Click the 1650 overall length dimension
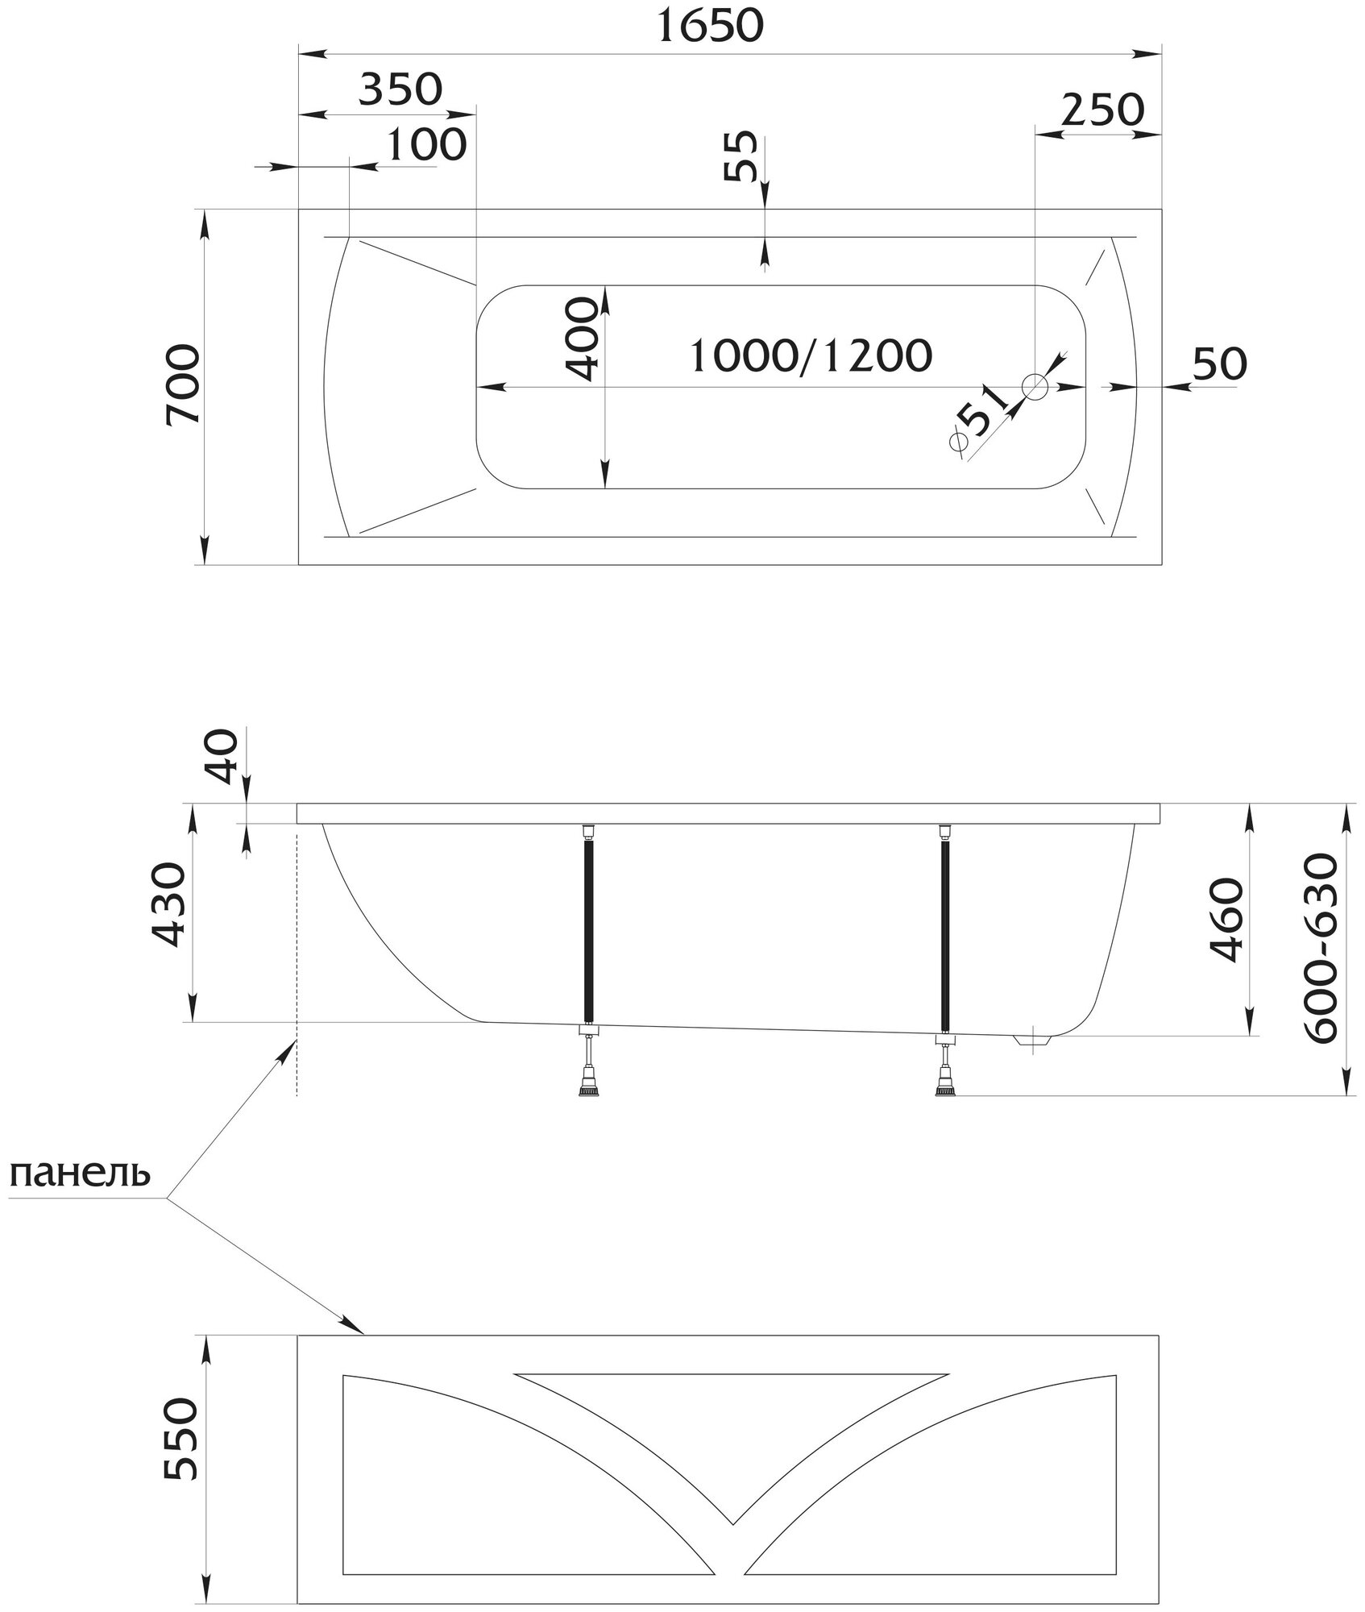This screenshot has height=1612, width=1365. coord(708,27)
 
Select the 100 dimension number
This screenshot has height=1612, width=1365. coord(426,145)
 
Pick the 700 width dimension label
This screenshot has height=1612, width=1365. coord(181,384)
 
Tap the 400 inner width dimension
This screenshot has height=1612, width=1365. coord(581,339)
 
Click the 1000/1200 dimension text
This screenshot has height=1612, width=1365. coord(811,356)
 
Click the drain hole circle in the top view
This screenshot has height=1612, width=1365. coord(1035,387)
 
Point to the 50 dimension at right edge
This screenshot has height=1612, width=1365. coord(1219,364)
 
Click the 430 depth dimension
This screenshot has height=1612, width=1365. coord(170,905)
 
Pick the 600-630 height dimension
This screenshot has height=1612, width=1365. coord(1322,939)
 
